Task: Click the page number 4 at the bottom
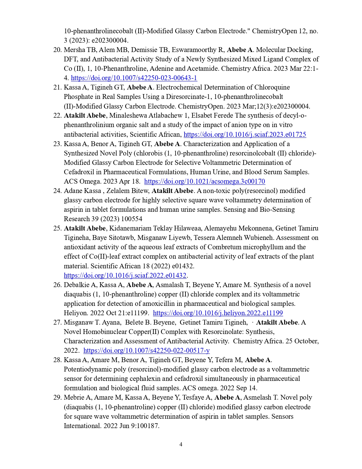(x=181, y=444)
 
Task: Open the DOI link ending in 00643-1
(x=134, y=78)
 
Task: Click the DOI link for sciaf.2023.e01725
(x=245, y=134)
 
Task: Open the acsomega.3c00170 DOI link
(x=204, y=181)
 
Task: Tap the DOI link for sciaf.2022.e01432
(x=125, y=275)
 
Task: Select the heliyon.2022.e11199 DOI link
(x=218, y=313)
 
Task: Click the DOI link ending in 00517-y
(x=147, y=350)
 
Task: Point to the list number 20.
(x=57, y=50)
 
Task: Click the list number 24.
(x=57, y=191)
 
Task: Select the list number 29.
(x=57, y=397)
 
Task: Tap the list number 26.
(x=57, y=285)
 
